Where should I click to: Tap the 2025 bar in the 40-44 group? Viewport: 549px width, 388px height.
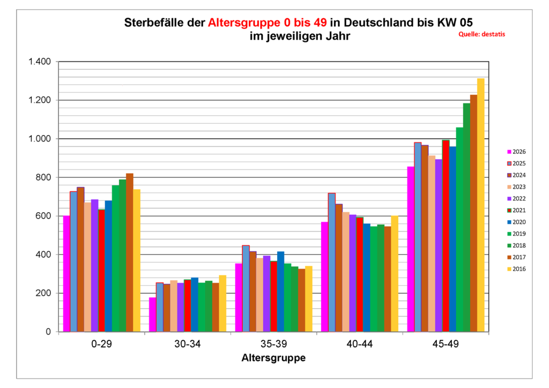coord(331,262)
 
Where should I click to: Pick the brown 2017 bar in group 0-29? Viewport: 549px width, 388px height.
coord(130,252)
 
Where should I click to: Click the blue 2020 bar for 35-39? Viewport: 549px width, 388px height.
coord(280,292)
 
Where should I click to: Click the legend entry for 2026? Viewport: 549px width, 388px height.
coord(516,152)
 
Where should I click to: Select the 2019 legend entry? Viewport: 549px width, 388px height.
coord(516,234)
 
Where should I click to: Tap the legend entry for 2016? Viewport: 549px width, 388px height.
coord(516,269)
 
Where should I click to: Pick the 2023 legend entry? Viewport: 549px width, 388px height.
coord(516,186)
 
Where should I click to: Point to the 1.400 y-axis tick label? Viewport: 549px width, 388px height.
coord(39,62)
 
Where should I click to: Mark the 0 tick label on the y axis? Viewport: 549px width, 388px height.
coord(48,332)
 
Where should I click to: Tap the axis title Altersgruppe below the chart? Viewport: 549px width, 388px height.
coord(273,357)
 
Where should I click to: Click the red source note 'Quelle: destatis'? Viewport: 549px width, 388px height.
coord(481,34)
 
